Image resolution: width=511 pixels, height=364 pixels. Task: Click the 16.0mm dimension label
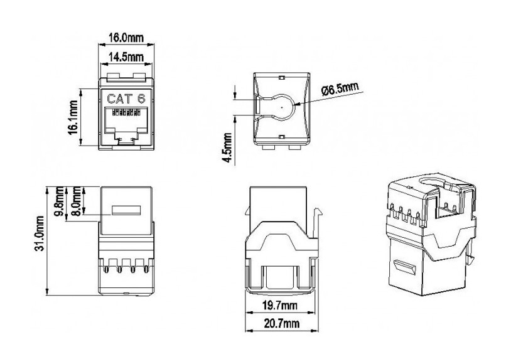click(x=124, y=38)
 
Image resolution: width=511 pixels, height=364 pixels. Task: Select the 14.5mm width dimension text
click(x=124, y=58)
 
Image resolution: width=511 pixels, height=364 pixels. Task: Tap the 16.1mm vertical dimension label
click(x=74, y=117)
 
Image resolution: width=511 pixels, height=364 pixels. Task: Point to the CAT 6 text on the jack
click(x=125, y=98)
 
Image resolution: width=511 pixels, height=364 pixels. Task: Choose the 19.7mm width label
click(x=280, y=306)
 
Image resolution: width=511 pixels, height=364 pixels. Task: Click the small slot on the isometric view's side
click(x=406, y=269)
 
